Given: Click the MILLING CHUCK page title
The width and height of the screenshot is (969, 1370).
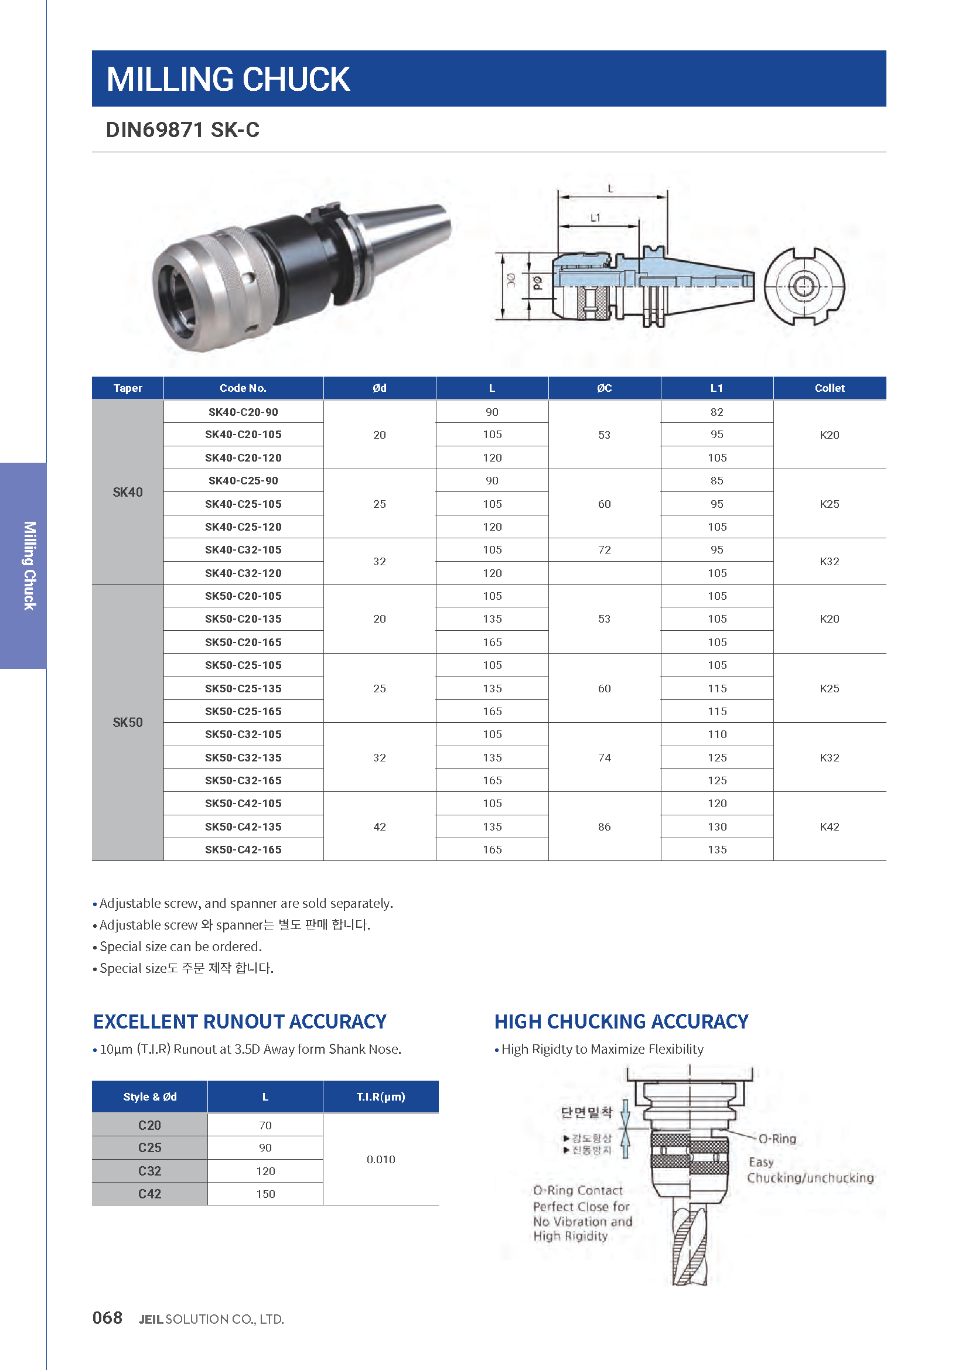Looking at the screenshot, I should click(228, 79).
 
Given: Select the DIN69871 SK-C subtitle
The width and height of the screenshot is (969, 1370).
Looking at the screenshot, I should click(183, 130).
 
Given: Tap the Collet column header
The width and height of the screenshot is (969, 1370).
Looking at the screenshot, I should click(829, 388).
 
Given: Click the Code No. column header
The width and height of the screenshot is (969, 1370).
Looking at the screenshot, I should click(243, 388).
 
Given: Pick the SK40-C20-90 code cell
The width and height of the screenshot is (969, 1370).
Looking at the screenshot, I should click(243, 412).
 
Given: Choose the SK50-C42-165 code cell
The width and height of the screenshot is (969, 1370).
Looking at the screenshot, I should click(243, 849).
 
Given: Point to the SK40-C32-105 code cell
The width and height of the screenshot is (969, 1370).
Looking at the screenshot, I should click(243, 549).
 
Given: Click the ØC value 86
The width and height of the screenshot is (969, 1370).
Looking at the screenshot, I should click(604, 826).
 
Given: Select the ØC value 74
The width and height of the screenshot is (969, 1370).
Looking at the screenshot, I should click(604, 757).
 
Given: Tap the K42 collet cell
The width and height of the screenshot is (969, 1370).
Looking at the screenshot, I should click(829, 826).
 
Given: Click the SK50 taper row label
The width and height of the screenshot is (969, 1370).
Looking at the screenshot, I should click(128, 723).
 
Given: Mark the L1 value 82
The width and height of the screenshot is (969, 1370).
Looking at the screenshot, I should click(716, 412).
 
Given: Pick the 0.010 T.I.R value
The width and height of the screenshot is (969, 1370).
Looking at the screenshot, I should click(381, 1159).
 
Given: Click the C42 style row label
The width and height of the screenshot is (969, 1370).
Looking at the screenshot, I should click(150, 1193).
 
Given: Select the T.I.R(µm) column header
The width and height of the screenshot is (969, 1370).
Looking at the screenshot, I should click(381, 1096).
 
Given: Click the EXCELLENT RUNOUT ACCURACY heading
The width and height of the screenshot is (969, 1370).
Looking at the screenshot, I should click(239, 1021).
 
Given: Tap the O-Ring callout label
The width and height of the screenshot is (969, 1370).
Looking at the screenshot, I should click(777, 1139).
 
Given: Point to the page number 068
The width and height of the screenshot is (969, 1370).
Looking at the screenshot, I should click(107, 1317).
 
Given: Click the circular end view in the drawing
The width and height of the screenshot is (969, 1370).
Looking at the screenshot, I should click(804, 286).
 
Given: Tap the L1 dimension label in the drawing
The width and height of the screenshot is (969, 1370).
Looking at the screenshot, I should click(595, 218).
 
